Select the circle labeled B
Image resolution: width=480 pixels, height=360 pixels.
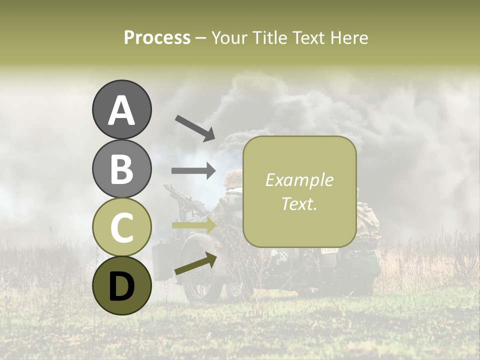click(121, 168)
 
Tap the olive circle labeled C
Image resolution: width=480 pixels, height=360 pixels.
click(121, 227)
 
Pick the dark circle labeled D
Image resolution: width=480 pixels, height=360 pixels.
click(121, 285)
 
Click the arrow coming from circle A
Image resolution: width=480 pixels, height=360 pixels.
click(194, 127)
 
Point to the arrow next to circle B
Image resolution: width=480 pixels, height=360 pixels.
click(193, 170)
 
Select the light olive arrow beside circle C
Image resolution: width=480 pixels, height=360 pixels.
click(193, 225)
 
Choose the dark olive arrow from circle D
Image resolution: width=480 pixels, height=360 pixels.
click(195, 264)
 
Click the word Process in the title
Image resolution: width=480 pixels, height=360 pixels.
click(157, 37)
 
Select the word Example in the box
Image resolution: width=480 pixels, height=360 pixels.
click(299, 180)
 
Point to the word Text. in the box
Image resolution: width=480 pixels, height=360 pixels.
click(299, 203)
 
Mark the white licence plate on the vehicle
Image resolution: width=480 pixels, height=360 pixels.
click(329, 249)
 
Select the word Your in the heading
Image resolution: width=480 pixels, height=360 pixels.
click(228, 37)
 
